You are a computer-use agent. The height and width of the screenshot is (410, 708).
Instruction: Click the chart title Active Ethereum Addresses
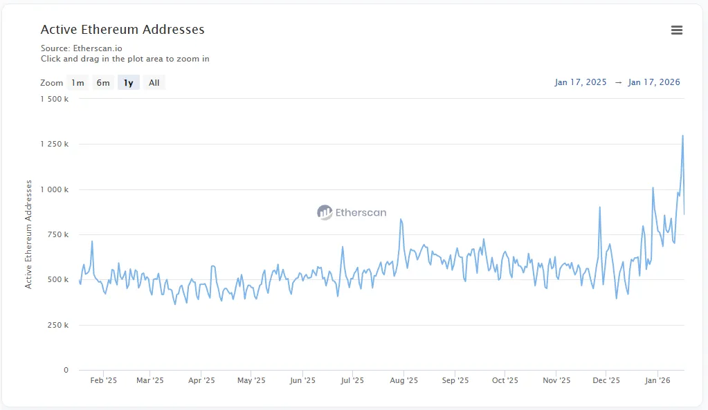tap(122, 30)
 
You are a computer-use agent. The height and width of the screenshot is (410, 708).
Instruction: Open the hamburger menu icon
tap(677, 30)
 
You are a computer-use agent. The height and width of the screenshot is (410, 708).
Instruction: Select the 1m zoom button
tap(78, 83)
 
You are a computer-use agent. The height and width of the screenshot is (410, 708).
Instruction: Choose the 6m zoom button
tap(103, 83)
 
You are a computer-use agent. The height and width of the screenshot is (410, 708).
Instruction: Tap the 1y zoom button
tap(128, 83)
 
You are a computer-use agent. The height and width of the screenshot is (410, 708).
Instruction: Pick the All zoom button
tap(154, 83)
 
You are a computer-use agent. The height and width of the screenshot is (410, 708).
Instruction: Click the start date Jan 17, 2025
tap(580, 82)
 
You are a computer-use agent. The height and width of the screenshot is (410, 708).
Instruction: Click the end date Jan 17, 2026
tap(654, 82)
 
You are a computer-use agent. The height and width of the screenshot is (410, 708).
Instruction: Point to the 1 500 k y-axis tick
tap(55, 99)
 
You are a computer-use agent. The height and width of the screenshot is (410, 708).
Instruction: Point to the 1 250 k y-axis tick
tap(55, 145)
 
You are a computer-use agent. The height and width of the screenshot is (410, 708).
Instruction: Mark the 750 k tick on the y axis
tap(57, 234)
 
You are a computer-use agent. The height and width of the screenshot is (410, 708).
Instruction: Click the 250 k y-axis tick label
tap(57, 325)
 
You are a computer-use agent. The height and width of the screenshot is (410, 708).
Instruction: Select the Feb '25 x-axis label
tap(104, 380)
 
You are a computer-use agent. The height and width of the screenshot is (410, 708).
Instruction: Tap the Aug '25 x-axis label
tap(404, 380)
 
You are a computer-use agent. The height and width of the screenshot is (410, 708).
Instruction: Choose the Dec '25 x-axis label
tap(606, 380)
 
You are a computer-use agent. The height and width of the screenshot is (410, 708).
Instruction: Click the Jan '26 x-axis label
tap(657, 380)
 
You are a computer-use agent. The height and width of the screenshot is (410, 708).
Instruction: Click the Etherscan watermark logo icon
tap(325, 212)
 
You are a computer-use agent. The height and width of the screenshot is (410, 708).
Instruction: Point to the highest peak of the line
tap(682, 136)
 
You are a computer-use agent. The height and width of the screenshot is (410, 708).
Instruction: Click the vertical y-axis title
tap(28, 234)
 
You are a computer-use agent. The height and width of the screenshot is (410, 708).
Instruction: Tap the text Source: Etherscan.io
tap(81, 48)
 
